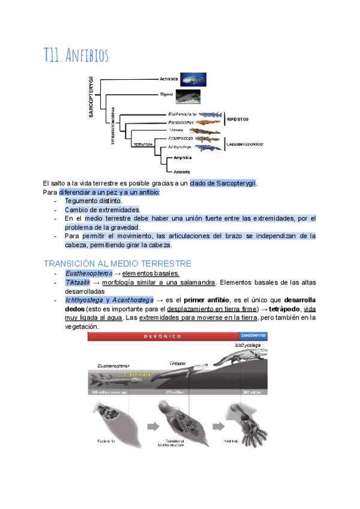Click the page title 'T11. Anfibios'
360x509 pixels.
[76, 56]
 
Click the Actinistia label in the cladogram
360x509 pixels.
[169, 79]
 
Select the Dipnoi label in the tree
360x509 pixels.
[166, 94]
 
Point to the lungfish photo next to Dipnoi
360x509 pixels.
[188, 95]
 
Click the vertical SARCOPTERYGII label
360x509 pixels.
[91, 97]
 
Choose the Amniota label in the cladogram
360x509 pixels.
[181, 172]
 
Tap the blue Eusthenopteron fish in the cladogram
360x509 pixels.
[209, 114]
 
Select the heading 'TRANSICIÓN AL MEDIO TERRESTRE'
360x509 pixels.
[118, 264]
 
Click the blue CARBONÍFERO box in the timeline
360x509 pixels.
[253, 336]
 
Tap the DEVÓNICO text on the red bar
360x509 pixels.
[163, 336]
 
